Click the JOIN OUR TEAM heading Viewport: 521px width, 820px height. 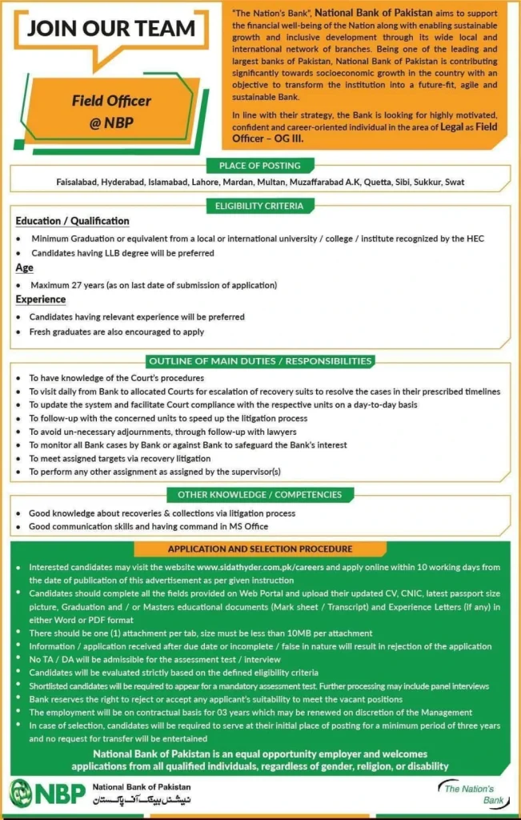[x=111, y=29]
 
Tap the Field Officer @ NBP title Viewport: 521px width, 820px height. [x=111, y=112]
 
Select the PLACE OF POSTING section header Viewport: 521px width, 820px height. [x=260, y=166]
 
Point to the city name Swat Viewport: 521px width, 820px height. [x=454, y=182]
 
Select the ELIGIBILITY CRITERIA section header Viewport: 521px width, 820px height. [x=260, y=206]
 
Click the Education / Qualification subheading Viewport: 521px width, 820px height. [x=72, y=221]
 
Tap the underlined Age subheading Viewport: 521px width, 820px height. [x=24, y=268]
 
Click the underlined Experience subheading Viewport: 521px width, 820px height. [x=40, y=299]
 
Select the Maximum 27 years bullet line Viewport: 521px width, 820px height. [x=153, y=284]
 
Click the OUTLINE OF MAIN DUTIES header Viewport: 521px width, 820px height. [x=260, y=361]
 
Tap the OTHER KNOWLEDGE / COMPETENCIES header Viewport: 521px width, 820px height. [x=260, y=495]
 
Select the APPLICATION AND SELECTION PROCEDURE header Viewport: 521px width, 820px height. [x=260, y=549]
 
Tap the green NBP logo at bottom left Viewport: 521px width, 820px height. [x=46, y=793]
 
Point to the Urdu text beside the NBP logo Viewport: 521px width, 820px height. [x=142, y=800]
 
